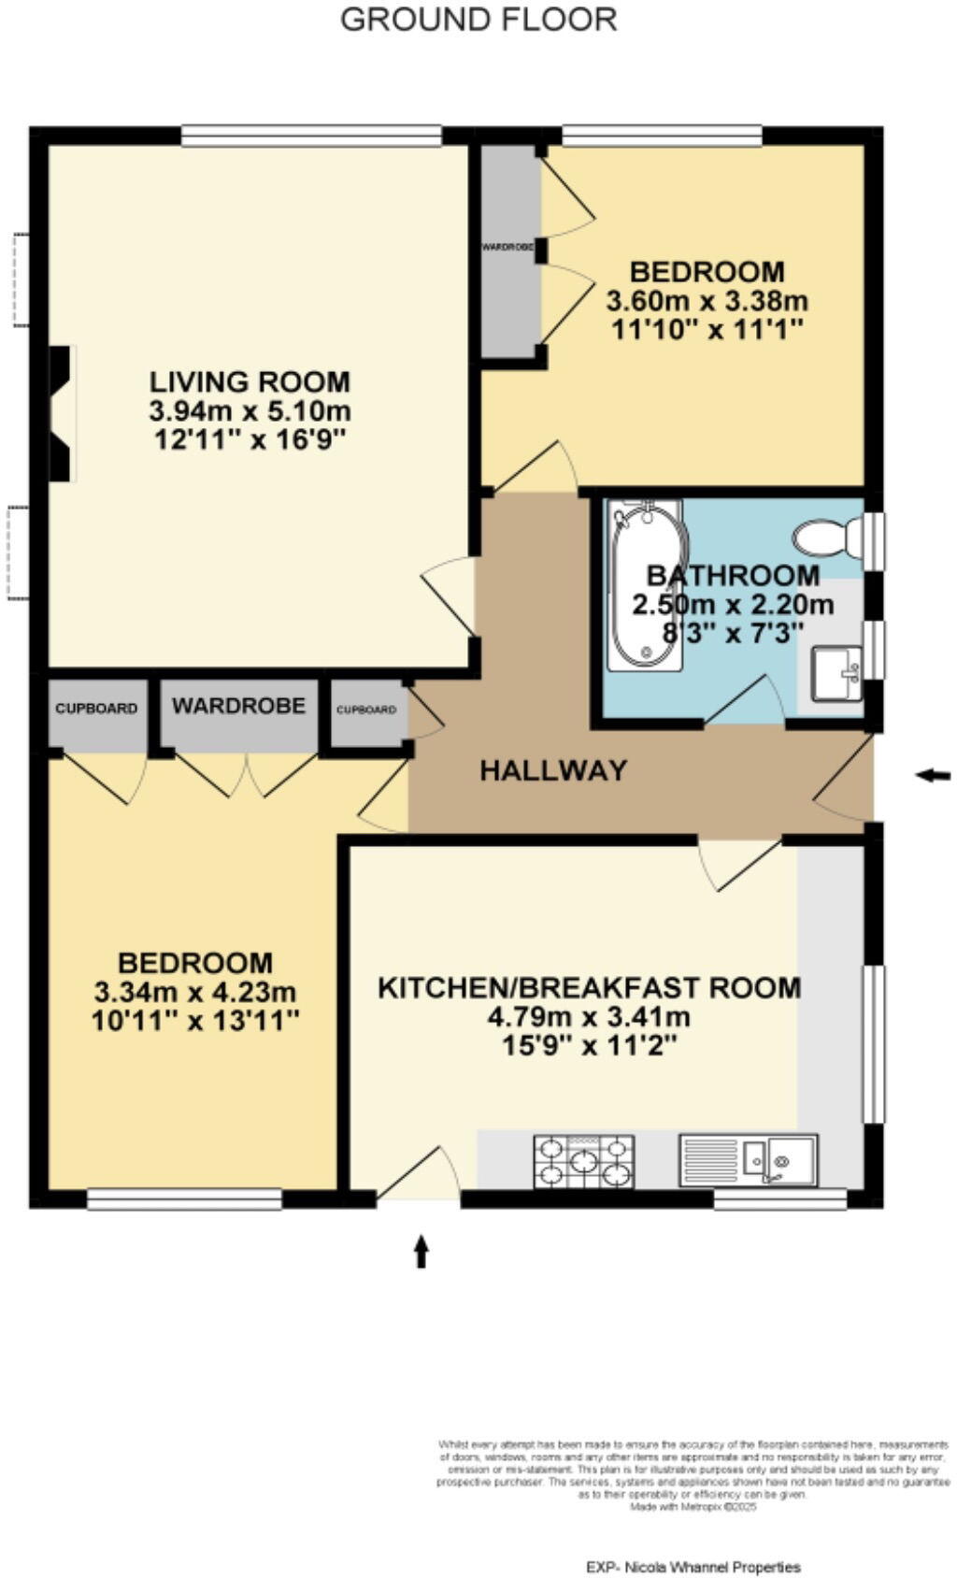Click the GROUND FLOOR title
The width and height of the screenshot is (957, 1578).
coord(478,20)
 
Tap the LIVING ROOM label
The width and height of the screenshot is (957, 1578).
coord(250,381)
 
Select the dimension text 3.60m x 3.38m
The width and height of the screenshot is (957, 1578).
coord(707,302)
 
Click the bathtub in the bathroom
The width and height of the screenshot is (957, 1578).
coord(645,585)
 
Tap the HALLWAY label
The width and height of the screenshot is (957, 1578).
coord(553,770)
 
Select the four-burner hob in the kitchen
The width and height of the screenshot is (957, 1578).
coord(583,1161)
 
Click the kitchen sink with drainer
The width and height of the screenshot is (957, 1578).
coord(748,1160)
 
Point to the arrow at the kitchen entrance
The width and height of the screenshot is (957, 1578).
coord(421,1251)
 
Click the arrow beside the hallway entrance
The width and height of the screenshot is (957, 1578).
coord(932,775)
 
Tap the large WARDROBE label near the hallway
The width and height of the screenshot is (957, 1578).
coord(238,706)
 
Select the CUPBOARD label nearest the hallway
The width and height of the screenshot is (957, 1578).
coord(365,710)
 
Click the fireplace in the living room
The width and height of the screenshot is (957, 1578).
coord(61,413)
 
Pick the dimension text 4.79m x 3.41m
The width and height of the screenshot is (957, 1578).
coord(589,1016)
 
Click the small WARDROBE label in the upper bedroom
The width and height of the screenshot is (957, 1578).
coord(507,248)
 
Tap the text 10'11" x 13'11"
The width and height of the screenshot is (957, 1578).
coord(195,1020)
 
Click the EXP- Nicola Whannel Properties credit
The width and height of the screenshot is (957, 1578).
coord(693,1567)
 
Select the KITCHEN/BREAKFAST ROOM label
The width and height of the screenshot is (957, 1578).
coord(589,987)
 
